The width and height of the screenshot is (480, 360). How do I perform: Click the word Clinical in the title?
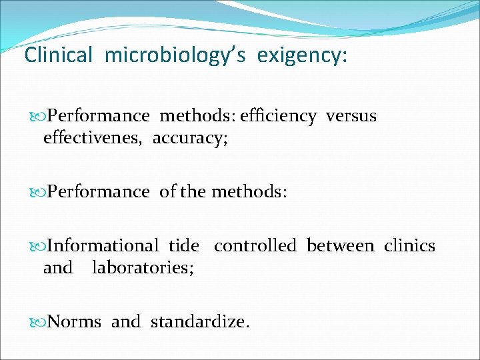58,55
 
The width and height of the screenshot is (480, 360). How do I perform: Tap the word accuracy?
190,139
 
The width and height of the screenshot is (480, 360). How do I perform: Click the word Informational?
103,246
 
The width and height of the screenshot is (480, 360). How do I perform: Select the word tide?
183,246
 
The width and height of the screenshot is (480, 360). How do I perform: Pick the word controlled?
255,246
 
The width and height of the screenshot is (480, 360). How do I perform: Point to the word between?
340,246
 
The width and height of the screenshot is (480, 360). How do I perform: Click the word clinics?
409,246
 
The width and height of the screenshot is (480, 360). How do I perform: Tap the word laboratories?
143,268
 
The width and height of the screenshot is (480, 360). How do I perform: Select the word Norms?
75,323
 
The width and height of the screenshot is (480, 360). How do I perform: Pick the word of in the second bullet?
168,192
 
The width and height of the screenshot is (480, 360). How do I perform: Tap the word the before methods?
193,192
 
